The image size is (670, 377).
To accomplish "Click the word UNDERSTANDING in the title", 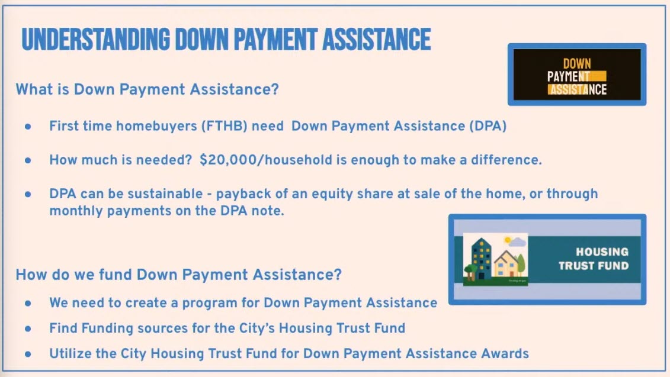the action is pos(96,39).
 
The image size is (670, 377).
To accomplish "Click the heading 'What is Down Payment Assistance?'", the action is pos(147,89).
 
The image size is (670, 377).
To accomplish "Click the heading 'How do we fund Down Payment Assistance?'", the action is pos(179,275).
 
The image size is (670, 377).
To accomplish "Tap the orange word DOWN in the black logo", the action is pos(577,64).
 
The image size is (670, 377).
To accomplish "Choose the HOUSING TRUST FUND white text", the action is pos(594,259).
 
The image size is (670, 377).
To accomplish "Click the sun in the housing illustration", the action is pos(508,240).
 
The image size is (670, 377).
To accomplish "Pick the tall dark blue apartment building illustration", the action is pos(482,258).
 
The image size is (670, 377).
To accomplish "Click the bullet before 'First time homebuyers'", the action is pos(28,127).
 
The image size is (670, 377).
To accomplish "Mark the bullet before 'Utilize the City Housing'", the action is pos(28,355).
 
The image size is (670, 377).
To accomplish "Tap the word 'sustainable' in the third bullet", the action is pos(165,194).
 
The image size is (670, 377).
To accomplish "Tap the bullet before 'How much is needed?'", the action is pos(28,160).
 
